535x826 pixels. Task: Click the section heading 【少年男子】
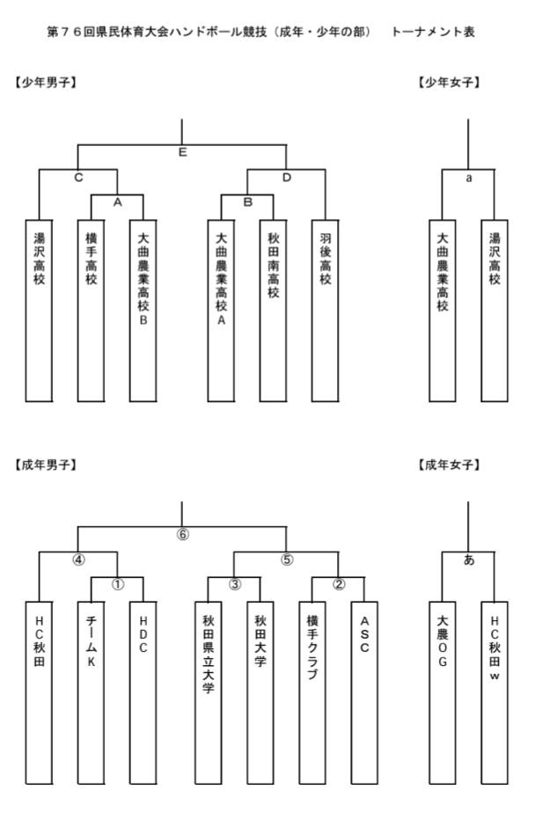pyautogui.click(x=47, y=82)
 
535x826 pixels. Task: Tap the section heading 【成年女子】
pyautogui.click(x=449, y=464)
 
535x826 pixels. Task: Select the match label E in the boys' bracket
pyautogui.click(x=182, y=152)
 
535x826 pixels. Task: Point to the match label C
pyautogui.click(x=78, y=178)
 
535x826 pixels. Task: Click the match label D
pyautogui.click(x=286, y=178)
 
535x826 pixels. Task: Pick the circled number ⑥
pyautogui.click(x=182, y=534)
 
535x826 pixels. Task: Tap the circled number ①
pyautogui.click(x=118, y=585)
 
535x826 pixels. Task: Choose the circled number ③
pyautogui.click(x=235, y=585)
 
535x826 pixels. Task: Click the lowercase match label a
pyautogui.click(x=469, y=178)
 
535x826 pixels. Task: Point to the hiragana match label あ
pyautogui.click(x=469, y=560)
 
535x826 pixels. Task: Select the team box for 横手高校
pyautogui.click(x=92, y=311)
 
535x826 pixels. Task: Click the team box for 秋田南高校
pyautogui.click(x=273, y=311)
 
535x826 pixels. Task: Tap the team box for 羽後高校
pyautogui.click(x=326, y=311)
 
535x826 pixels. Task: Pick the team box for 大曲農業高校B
pyautogui.click(x=143, y=311)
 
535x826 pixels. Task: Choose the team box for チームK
pyautogui.click(x=92, y=692)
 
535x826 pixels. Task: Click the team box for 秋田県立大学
pyautogui.click(x=209, y=692)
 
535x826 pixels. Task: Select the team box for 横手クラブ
pyautogui.click(x=312, y=692)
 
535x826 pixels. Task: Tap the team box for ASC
pyautogui.click(x=364, y=692)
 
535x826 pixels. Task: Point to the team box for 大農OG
pyautogui.click(x=443, y=692)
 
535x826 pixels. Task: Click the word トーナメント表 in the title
pyautogui.click(x=433, y=32)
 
